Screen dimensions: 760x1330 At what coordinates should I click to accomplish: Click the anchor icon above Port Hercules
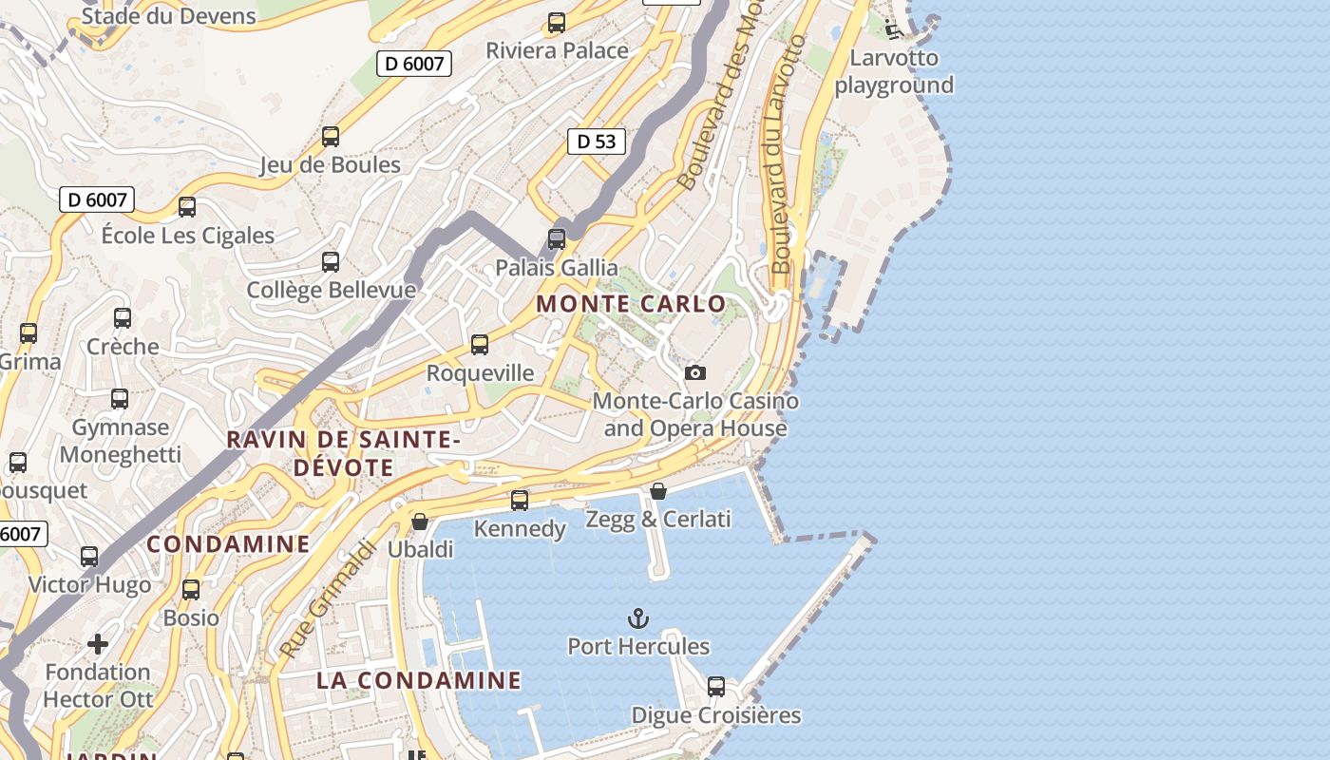(638, 619)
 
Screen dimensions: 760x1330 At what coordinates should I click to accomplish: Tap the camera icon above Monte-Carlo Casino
(695, 372)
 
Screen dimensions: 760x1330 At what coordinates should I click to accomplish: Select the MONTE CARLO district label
(631, 304)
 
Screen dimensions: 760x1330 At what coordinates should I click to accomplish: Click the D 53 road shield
(597, 142)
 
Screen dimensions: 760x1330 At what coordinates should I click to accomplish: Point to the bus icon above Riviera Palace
(557, 23)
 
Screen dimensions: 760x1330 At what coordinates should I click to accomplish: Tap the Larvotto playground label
(893, 71)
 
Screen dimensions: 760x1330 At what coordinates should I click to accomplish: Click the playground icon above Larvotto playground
(893, 29)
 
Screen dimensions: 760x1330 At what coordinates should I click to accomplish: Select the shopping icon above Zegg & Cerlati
(658, 491)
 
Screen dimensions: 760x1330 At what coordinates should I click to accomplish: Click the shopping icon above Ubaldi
(420, 522)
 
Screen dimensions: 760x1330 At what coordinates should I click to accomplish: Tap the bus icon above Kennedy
(520, 500)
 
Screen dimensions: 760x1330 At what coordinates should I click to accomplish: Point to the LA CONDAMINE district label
(419, 680)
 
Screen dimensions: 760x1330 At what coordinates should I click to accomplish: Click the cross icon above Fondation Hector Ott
(98, 644)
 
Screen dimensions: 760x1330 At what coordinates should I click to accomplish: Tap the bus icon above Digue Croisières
(716, 686)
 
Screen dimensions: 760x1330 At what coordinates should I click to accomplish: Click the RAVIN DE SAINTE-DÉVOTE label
(343, 453)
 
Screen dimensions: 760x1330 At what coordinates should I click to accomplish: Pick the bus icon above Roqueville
(480, 344)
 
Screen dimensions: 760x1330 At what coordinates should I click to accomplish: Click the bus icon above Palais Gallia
(557, 238)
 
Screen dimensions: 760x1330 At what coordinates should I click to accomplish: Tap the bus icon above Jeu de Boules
(331, 137)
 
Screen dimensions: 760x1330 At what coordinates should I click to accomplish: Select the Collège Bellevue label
(331, 290)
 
